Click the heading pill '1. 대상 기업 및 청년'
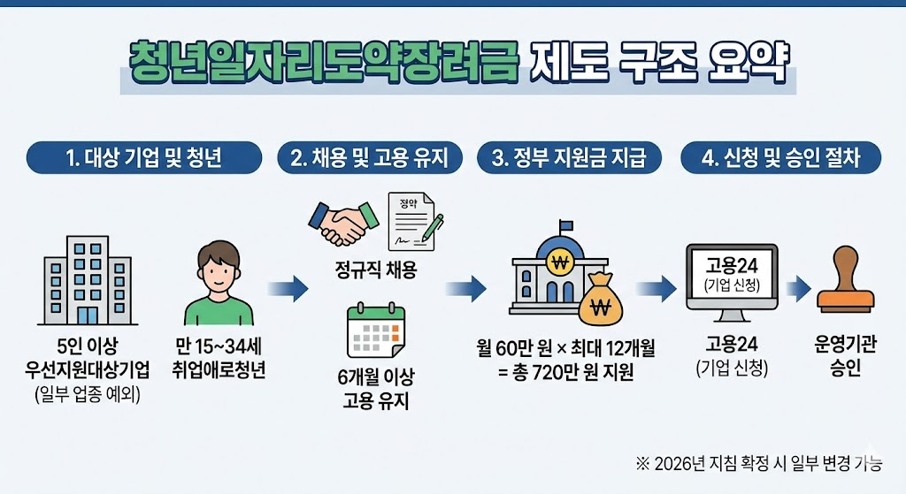tap(144, 158)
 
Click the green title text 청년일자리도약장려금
tap(325, 64)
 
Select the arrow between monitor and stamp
tap(797, 287)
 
